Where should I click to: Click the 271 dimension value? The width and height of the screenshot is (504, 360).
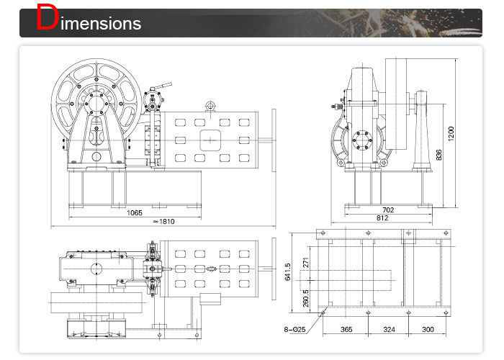tap(306, 264)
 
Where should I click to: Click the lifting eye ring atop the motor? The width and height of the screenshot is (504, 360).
tap(210, 107)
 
